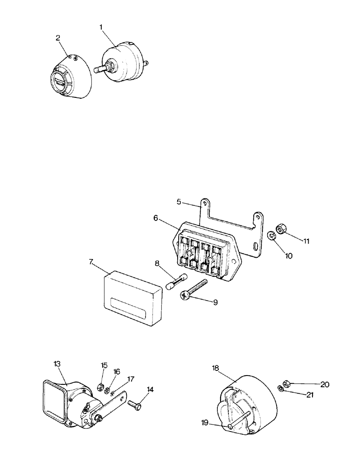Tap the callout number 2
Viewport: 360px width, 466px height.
click(58, 38)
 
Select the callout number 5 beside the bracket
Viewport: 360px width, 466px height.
click(179, 202)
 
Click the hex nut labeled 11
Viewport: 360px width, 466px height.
click(281, 230)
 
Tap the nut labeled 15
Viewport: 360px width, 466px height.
click(100, 386)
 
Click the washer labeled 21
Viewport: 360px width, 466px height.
click(281, 389)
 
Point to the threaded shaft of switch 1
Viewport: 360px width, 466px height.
click(100, 69)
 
